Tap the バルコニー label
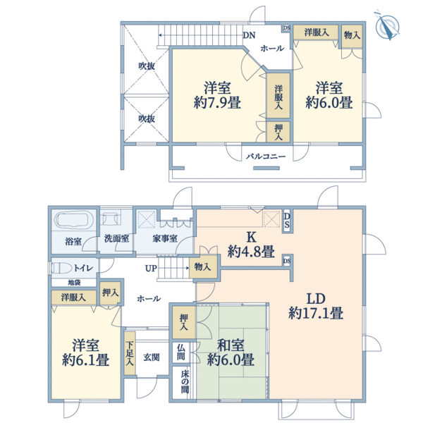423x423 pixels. point(266,155)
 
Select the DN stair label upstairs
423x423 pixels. point(249,35)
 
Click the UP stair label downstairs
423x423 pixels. point(151,269)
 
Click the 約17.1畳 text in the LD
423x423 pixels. point(316,313)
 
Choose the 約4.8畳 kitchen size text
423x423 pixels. point(251,252)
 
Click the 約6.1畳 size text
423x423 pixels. point(85,360)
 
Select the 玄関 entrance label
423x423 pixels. point(152,357)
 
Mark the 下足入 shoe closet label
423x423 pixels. point(130,353)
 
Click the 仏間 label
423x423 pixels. point(181,352)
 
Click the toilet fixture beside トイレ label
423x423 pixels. point(62,268)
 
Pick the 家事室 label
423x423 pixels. point(165,239)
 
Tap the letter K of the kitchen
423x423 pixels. point(250,236)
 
